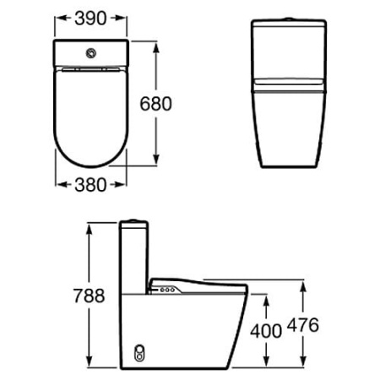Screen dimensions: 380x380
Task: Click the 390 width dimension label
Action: tap(90, 19)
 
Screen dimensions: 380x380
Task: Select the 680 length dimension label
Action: tap(155, 104)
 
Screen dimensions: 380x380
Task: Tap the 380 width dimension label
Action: tap(90, 185)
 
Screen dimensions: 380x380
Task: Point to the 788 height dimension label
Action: tap(89, 296)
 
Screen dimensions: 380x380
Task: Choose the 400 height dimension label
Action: tap(266, 331)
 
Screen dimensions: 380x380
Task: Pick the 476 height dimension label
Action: tap(303, 325)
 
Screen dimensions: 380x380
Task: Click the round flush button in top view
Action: tap(91, 53)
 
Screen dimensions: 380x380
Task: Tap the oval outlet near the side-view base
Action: tap(138, 353)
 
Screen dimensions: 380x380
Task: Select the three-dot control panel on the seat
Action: tap(168, 290)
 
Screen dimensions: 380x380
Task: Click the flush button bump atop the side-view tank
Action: tap(133, 220)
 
